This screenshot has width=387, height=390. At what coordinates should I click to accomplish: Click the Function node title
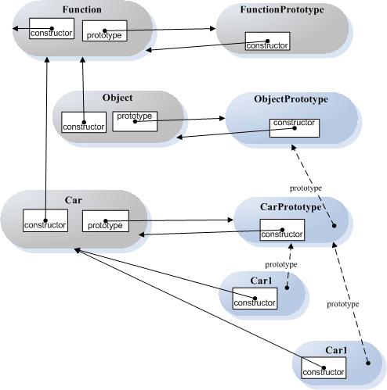click(x=82, y=9)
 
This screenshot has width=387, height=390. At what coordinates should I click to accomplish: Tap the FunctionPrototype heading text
click(x=282, y=10)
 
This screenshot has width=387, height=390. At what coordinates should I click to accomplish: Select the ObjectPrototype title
click(x=291, y=99)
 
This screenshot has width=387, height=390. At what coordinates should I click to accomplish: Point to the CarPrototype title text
click(x=291, y=207)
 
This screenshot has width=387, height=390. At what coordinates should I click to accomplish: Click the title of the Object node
click(x=118, y=98)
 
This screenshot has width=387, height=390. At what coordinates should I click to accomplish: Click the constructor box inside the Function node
click(x=52, y=28)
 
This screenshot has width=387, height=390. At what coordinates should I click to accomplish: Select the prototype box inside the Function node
click(x=105, y=30)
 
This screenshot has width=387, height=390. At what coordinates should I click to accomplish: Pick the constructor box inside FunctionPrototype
click(x=267, y=41)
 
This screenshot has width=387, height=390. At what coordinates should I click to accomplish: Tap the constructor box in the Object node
click(x=84, y=122)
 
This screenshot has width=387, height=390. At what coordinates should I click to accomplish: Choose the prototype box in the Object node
click(x=135, y=121)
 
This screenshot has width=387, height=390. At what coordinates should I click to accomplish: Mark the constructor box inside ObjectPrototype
click(x=295, y=128)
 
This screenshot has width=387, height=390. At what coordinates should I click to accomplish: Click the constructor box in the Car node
click(x=45, y=220)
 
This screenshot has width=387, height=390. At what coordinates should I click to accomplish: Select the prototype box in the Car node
click(x=106, y=221)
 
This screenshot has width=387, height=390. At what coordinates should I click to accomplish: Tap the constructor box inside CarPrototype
click(x=282, y=230)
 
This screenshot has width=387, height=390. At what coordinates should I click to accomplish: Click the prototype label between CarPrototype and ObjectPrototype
click(x=306, y=188)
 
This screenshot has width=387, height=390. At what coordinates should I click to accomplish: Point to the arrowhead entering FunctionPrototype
click(x=212, y=28)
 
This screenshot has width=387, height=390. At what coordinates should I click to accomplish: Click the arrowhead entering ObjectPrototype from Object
click(x=222, y=118)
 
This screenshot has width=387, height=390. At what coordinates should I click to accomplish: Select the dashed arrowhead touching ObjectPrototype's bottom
click(x=294, y=148)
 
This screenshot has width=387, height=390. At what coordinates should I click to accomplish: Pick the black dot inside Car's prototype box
click(x=106, y=221)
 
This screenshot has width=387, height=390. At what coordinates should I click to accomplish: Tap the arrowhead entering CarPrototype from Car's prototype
click(x=230, y=220)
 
